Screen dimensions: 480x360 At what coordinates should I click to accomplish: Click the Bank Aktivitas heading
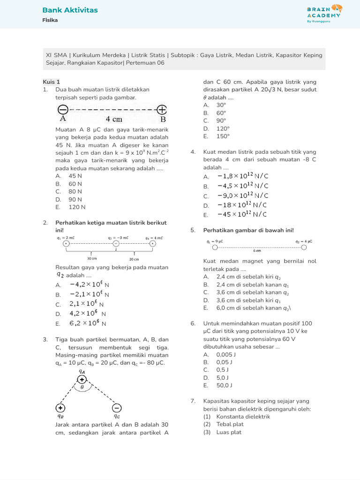click(x=70, y=10)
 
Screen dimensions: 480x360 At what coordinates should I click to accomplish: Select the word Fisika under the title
click(x=50, y=20)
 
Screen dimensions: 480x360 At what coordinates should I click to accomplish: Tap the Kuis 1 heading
click(x=52, y=82)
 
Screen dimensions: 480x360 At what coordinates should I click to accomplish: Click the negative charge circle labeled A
click(x=63, y=110)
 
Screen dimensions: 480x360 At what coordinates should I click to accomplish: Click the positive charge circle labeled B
click(x=162, y=110)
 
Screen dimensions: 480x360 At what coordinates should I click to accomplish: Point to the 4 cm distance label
click(x=114, y=119)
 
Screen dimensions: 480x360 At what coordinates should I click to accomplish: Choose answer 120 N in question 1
click(x=77, y=207)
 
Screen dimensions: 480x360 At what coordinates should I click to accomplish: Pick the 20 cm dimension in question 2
click(x=134, y=259)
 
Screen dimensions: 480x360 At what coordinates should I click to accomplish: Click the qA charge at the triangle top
click(x=82, y=380)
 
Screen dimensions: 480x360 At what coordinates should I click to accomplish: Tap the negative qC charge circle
click(x=117, y=407)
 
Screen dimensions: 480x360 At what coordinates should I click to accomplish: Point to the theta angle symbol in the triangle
click(x=82, y=388)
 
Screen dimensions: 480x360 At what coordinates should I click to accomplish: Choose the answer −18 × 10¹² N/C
click(x=242, y=205)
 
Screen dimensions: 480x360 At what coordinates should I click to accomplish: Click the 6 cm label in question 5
click(x=257, y=251)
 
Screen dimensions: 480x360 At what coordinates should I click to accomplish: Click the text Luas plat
click(x=229, y=432)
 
